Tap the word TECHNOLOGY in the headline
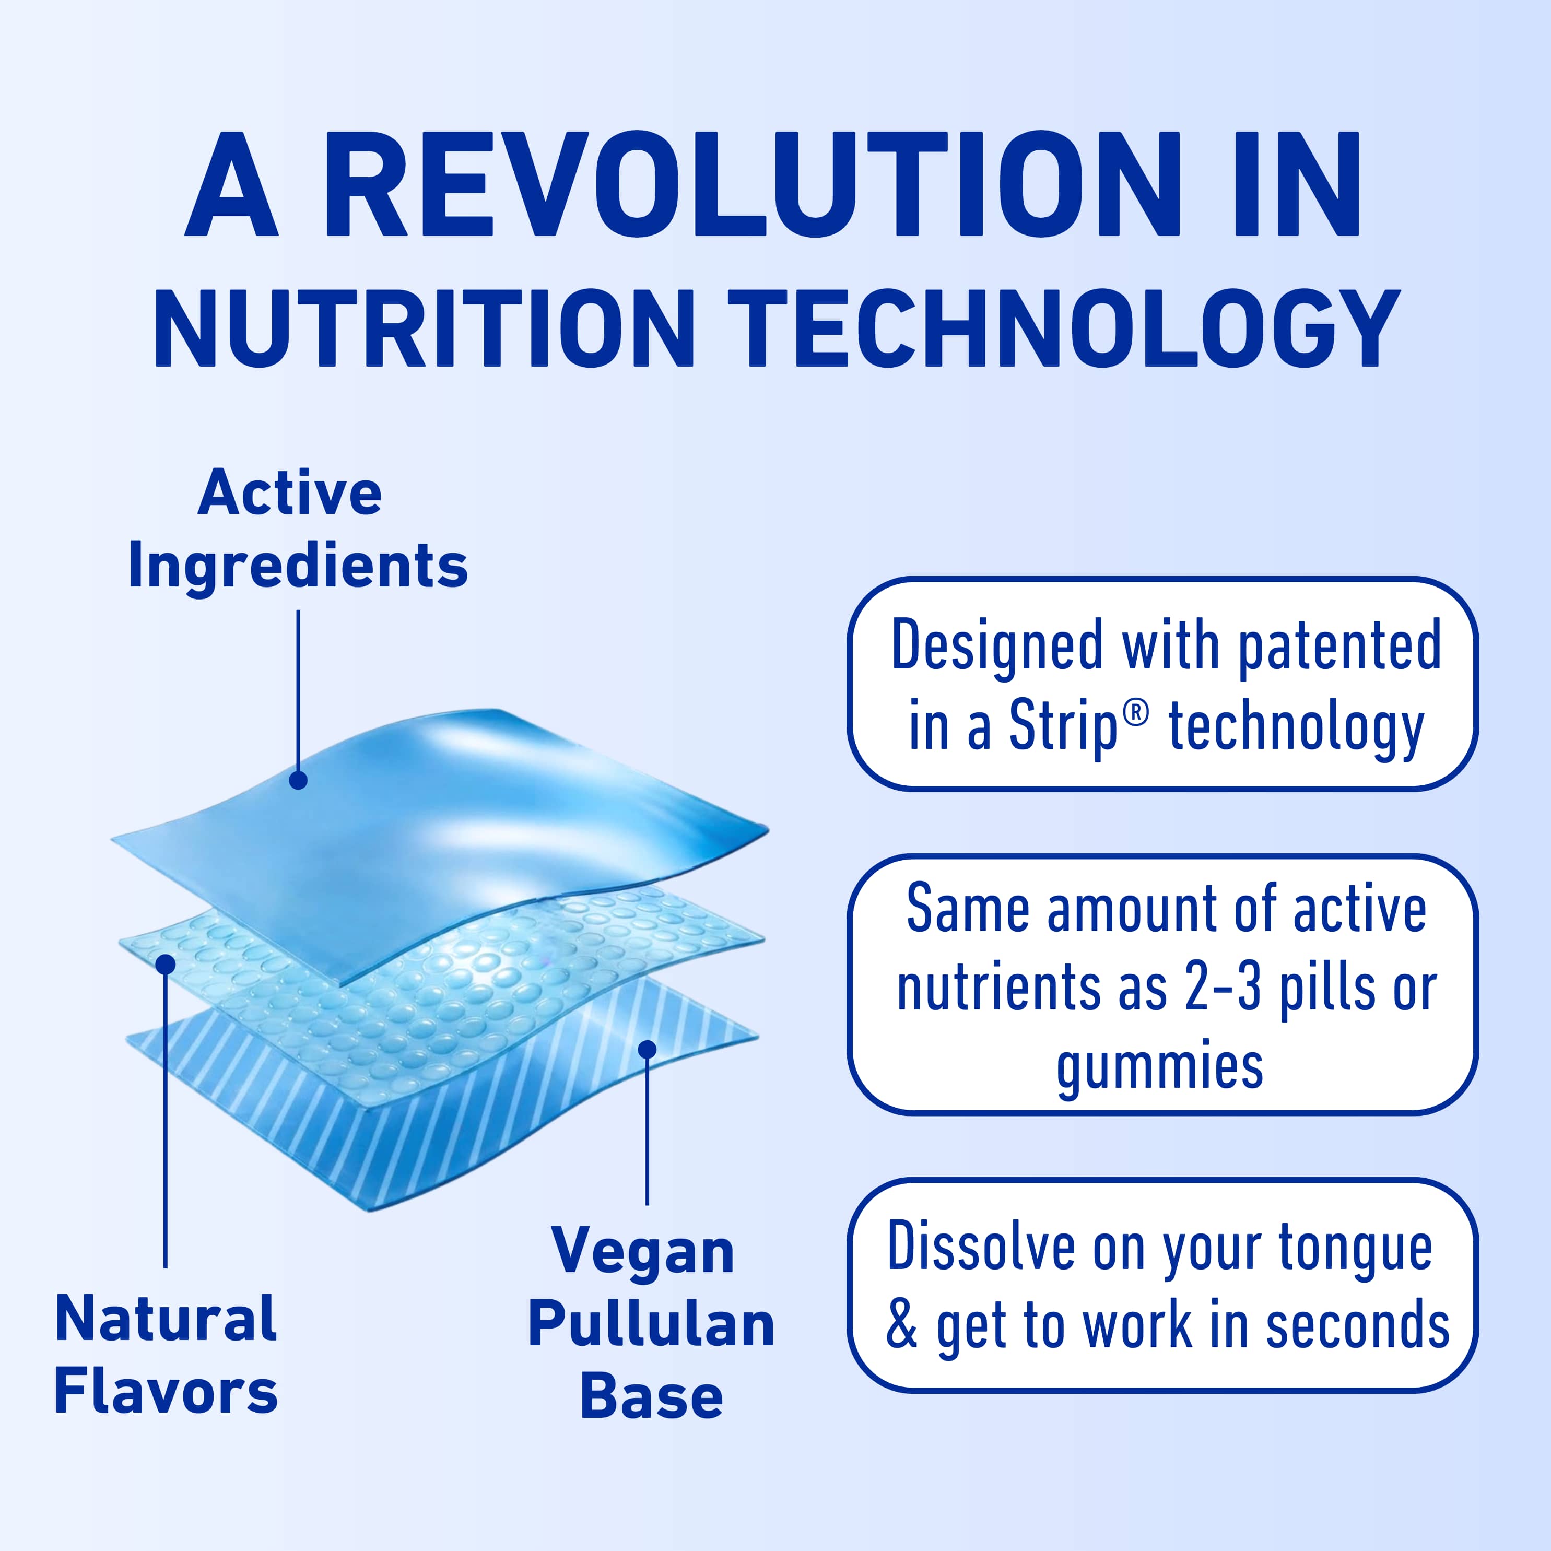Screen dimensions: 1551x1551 coord(1064,329)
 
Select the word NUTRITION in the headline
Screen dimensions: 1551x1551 coord(424,329)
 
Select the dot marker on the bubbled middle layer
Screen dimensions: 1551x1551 coord(166,964)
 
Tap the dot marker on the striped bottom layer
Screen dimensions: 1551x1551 coord(647,1049)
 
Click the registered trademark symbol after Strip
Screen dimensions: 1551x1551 coord(1135,713)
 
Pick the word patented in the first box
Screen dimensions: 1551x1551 coord(1339,647)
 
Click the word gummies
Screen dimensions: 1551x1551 coord(1160,1068)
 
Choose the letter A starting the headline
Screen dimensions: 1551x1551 coord(231,185)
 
